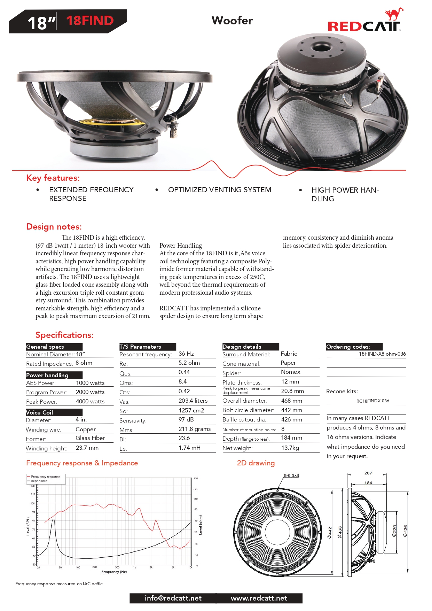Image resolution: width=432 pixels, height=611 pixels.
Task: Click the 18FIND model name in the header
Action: coord(90,21)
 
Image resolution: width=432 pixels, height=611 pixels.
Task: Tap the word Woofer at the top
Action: coord(232,21)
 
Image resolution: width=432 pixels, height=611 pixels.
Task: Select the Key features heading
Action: coord(53,178)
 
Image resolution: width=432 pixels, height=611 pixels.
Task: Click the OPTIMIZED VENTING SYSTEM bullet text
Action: coord(219,190)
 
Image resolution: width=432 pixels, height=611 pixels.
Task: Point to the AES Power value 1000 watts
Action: coord(90,383)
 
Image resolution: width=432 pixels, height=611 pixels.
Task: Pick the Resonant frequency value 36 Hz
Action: coord(186,354)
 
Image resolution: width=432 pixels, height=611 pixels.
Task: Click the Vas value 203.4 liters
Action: coord(193,401)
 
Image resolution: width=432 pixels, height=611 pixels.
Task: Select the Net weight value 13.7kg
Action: coord(290,448)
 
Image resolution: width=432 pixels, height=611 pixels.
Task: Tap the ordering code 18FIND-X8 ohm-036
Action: coord(382,354)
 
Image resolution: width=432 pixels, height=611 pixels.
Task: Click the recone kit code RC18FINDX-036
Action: coord(372,401)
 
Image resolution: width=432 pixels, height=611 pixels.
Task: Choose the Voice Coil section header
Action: coord(40,412)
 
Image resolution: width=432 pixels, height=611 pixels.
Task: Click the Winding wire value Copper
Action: coord(86,430)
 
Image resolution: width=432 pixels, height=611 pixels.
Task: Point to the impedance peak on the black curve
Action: coord(53,519)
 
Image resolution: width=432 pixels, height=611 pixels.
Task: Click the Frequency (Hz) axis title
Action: coord(114,572)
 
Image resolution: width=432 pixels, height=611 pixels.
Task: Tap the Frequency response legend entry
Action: coord(45,477)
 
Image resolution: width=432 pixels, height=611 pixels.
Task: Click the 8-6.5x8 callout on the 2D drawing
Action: coord(291,475)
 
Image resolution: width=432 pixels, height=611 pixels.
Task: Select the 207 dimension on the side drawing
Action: coord(368,473)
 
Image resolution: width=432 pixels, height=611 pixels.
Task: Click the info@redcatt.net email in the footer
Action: coord(173,598)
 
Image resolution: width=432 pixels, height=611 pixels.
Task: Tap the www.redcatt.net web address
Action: coord(259,598)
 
